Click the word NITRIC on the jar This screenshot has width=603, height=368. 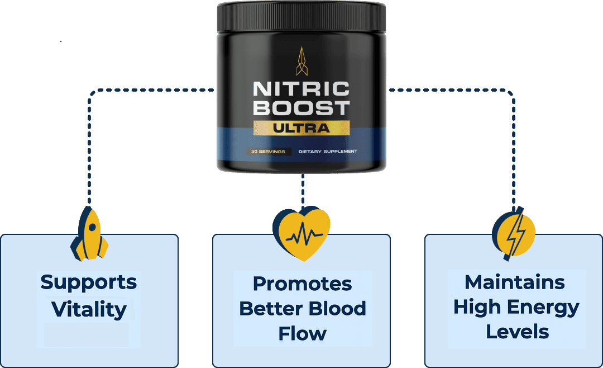click(301, 89)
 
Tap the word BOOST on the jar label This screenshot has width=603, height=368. click(301, 108)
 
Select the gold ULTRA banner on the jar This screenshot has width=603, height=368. click(301, 128)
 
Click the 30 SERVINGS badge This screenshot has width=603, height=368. click(268, 152)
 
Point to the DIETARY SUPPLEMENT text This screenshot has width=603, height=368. click(328, 152)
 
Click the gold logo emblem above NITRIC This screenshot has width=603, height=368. click(301, 60)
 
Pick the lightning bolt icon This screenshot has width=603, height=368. click(514, 233)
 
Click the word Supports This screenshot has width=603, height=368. click(89, 282)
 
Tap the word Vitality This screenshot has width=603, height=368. click(89, 309)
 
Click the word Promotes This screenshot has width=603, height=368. click(302, 284)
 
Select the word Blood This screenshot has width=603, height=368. click(338, 308)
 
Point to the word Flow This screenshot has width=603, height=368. click(302, 333)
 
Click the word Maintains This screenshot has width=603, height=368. click(514, 282)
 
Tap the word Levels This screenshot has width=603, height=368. click(517, 332)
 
